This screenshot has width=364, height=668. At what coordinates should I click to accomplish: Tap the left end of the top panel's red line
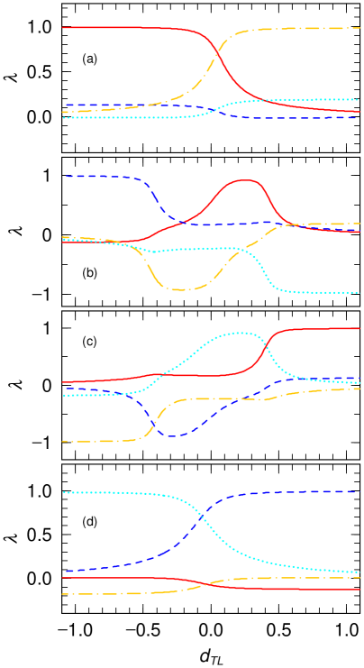[x=63, y=28]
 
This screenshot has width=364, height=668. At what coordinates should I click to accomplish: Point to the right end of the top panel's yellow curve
[x=359, y=28]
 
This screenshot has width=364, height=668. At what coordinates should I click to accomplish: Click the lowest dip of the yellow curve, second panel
[x=183, y=289]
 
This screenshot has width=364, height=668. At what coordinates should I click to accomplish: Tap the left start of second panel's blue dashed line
[x=66, y=176]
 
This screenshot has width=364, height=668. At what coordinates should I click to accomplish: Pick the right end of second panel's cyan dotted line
[x=359, y=293]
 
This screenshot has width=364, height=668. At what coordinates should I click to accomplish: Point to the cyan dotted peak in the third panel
[x=237, y=333]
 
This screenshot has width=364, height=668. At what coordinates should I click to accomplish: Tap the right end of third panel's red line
[x=359, y=328]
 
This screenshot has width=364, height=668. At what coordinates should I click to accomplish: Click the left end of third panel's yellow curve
[x=63, y=442]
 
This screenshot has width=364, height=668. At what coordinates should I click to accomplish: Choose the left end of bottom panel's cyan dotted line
[x=64, y=492]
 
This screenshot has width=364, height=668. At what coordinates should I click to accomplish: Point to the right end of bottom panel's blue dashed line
[x=357, y=492]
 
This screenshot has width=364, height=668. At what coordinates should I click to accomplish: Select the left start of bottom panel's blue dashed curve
[x=66, y=571]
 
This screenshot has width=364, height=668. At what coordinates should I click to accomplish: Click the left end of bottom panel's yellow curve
[x=63, y=594]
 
